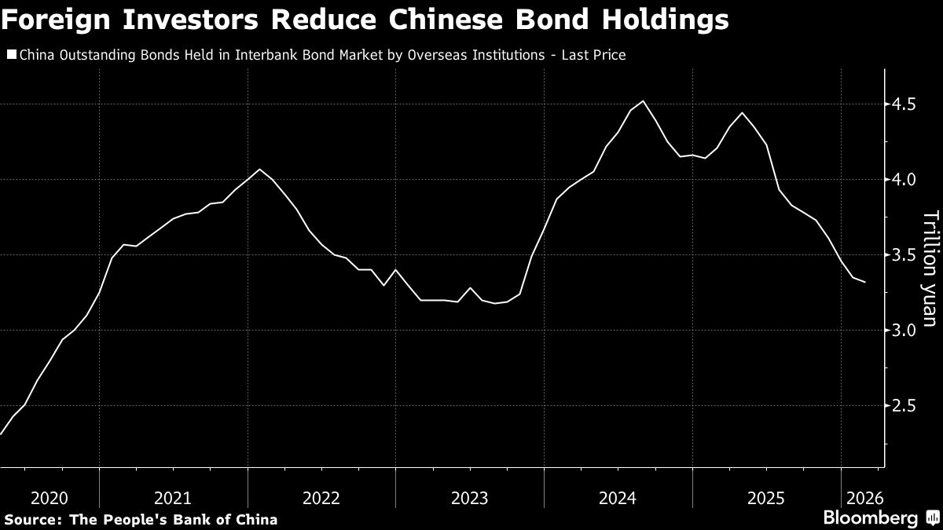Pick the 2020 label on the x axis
tap(49, 497)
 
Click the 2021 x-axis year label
tap(173, 497)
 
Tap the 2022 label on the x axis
tap(321, 497)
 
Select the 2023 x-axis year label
tap(470, 497)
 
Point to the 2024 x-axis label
tap(618, 497)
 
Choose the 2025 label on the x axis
tap(766, 497)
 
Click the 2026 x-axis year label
tap(864, 497)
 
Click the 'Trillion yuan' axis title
tap(930, 258)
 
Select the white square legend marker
tap(11, 55)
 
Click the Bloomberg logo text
tap(870, 518)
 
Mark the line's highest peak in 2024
tap(644, 101)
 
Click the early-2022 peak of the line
tap(260, 169)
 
